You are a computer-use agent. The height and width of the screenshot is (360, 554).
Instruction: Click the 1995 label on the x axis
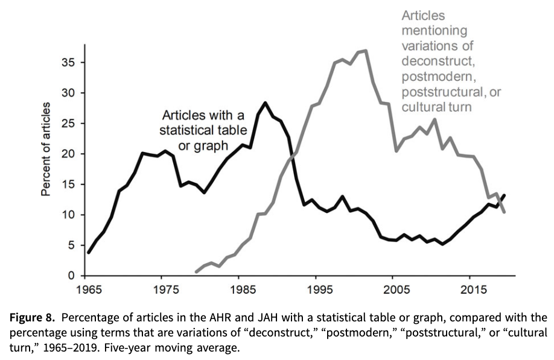click(317, 290)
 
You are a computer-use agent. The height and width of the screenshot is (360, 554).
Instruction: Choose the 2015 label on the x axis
click(470, 290)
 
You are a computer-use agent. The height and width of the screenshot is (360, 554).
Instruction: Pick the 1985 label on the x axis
click(241, 290)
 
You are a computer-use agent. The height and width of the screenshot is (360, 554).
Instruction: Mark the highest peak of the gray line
click(366, 51)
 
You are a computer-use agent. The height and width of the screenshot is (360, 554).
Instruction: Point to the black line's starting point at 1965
click(88, 253)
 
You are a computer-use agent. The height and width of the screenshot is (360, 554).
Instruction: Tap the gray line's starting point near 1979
click(196, 271)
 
